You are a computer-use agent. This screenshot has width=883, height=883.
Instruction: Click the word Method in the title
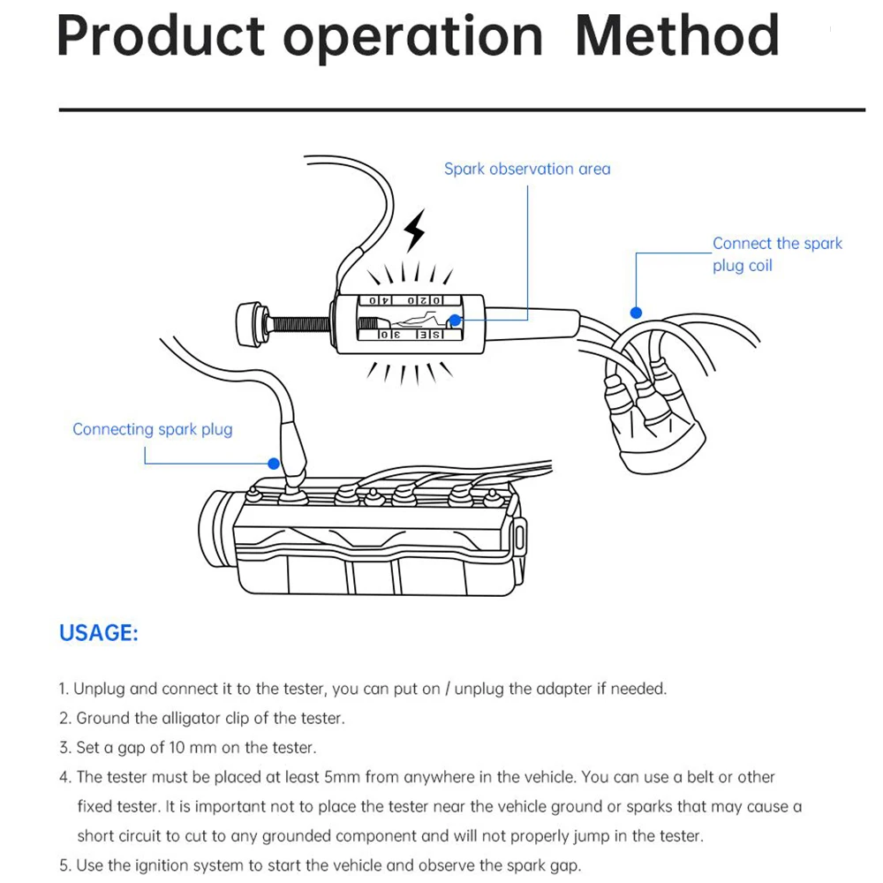(677, 36)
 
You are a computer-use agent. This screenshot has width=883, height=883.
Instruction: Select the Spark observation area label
(527, 169)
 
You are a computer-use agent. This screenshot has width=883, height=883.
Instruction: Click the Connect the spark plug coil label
(777, 254)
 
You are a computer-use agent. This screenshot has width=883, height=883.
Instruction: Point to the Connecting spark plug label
(153, 430)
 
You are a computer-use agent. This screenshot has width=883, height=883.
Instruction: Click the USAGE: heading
(99, 633)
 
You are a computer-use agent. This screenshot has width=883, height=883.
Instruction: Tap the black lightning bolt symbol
(414, 231)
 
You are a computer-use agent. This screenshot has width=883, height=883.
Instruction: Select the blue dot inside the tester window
(455, 321)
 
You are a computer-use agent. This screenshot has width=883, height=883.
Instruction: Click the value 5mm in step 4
(343, 777)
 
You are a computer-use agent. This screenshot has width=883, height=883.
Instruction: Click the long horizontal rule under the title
(462, 109)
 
